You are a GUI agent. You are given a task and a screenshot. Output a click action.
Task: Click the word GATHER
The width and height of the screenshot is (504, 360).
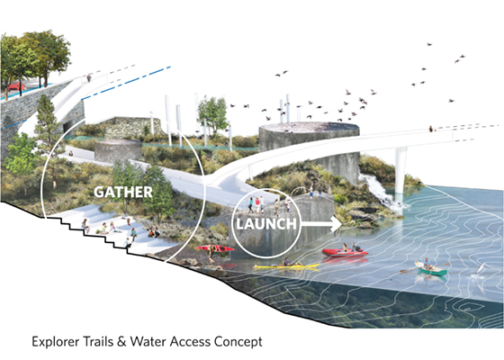[x=123, y=192]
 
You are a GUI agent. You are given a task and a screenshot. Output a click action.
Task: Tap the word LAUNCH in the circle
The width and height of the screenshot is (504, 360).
[x=266, y=224]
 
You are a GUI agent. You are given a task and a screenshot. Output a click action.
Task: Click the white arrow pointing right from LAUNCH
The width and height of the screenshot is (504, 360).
[x=320, y=224]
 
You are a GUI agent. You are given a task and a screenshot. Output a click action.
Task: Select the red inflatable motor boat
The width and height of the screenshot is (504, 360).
[x=345, y=252]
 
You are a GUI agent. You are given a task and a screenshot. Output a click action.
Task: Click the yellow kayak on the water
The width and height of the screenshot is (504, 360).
[x=286, y=265]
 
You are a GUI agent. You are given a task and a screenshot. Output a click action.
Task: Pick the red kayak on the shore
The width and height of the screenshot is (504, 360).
[x=214, y=248]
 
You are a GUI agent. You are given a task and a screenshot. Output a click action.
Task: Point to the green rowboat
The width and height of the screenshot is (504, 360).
[x=431, y=269]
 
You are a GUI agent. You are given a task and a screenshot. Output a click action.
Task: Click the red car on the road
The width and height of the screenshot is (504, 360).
[x=16, y=86]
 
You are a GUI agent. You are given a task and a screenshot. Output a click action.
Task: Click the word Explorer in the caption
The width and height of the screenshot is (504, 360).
[x=56, y=341]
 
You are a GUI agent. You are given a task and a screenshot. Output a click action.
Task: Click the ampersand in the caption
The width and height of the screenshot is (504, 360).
[x=121, y=341]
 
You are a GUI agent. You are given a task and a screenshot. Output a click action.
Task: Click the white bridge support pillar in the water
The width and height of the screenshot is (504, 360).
[x=400, y=170]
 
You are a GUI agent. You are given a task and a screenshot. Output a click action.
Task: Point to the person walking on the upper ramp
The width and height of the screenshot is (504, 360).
[x=89, y=77]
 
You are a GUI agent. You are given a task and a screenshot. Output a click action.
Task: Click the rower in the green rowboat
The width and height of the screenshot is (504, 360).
[x=427, y=264]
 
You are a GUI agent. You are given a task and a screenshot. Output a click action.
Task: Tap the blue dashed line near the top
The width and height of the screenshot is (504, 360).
[x=126, y=83]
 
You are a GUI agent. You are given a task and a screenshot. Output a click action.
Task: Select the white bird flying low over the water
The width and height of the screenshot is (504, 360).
[x=480, y=268]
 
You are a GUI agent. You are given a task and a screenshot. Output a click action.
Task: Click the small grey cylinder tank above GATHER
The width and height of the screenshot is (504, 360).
[x=118, y=151]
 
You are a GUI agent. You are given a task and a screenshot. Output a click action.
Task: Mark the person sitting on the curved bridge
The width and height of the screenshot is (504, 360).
[x=431, y=129]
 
